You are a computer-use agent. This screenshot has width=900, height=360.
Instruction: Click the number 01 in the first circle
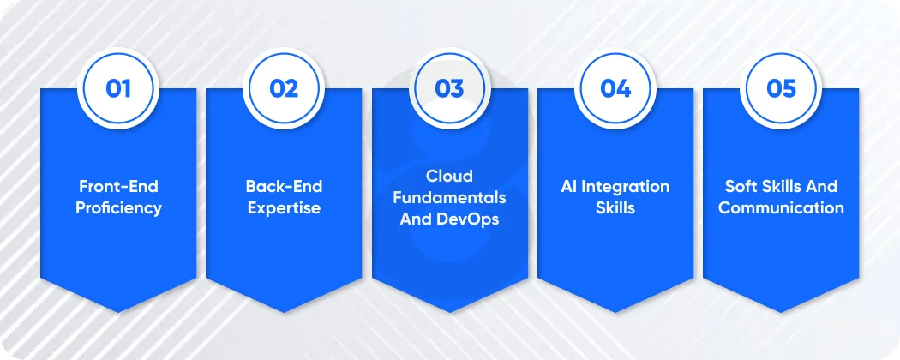pos(118,88)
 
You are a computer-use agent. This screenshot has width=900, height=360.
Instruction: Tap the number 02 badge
pos(284,88)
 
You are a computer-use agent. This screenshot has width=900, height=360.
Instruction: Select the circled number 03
pos(449,88)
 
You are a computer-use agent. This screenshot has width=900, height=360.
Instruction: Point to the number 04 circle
pos(615,88)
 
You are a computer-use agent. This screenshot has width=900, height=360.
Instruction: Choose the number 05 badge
pos(781,88)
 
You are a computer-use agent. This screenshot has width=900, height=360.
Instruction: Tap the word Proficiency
pos(118,207)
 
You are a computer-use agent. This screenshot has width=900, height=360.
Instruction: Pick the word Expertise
pos(284,207)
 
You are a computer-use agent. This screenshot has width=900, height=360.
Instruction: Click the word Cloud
pos(449,176)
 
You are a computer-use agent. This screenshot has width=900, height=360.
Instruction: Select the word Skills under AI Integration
pos(615,207)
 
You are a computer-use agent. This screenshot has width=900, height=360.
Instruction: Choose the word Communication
pos(781,207)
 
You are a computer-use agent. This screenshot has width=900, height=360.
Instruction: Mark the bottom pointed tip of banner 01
pos(118,311)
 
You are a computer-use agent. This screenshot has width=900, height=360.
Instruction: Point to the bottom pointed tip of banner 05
pos(781,311)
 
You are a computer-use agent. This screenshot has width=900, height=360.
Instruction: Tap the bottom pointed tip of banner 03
pos(449,311)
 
